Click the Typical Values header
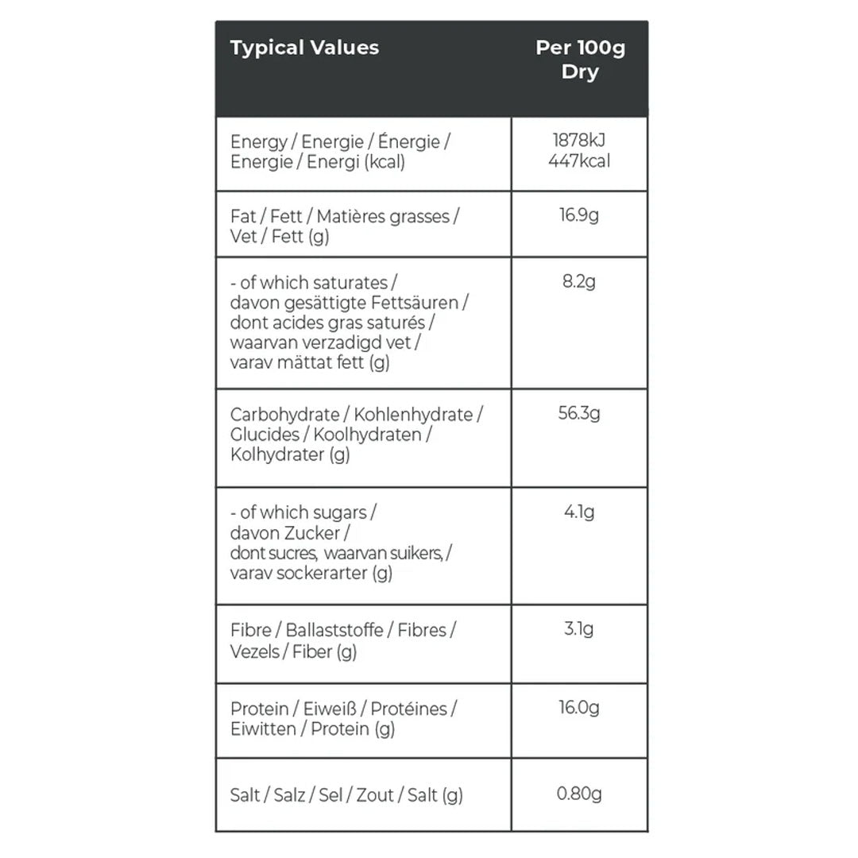(304, 48)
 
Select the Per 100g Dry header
(580, 60)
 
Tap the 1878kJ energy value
(580, 141)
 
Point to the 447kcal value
(580, 162)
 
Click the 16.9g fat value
(579, 216)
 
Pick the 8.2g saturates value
(579, 282)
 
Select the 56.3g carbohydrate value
(579, 414)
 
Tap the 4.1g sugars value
(579, 512)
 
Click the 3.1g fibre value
(579, 630)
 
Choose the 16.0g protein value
(579, 708)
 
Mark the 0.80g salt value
(579, 794)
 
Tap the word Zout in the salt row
(375, 795)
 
